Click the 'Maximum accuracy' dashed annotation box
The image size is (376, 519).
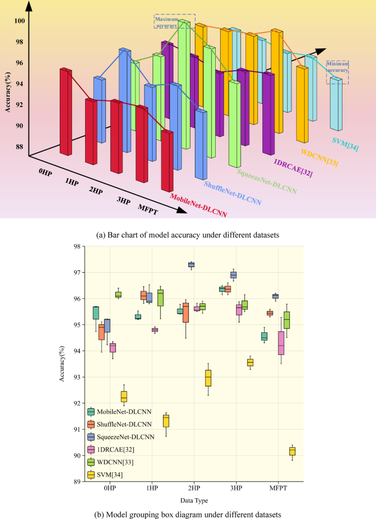click(168, 21)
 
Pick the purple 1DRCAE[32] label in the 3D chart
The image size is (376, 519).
click(294, 171)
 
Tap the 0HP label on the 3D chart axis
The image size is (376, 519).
click(46, 171)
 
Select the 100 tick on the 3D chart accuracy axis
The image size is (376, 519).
click(19, 21)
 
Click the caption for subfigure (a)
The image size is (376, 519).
click(188, 235)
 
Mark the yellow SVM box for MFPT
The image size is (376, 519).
click(292, 451)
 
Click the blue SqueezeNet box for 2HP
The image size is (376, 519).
click(191, 264)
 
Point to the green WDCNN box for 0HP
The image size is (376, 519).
click(118, 295)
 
